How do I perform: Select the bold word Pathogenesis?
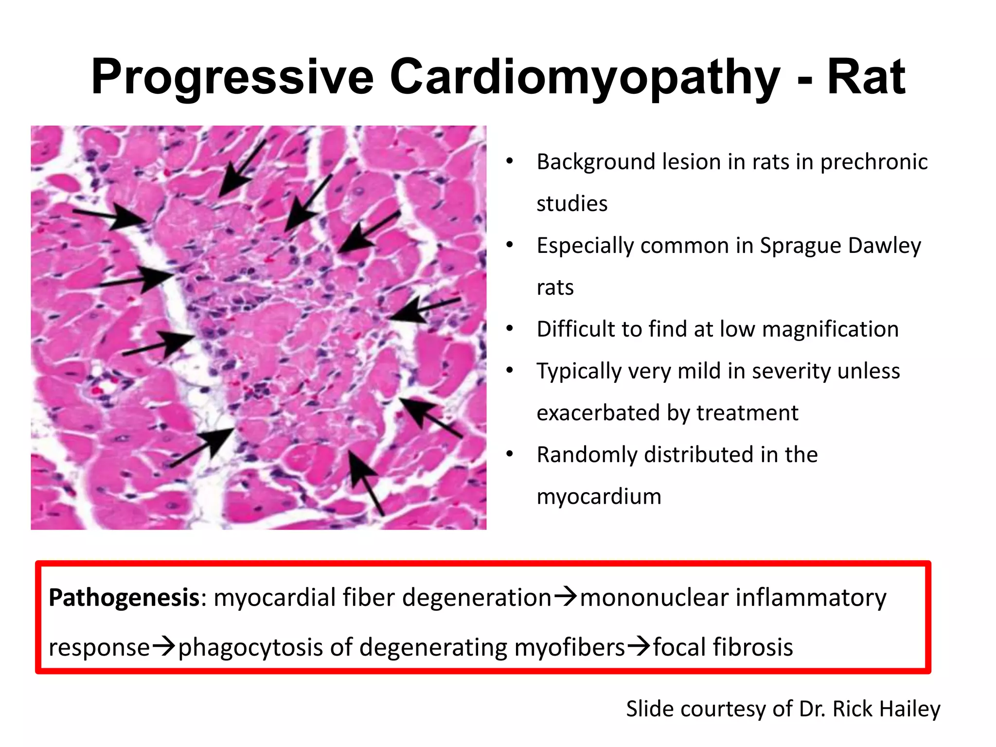click(124, 598)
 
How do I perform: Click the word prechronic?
click(874, 162)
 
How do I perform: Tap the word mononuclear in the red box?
click(654, 598)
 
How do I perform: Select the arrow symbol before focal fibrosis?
click(639, 647)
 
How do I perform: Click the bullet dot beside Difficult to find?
click(509, 329)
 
